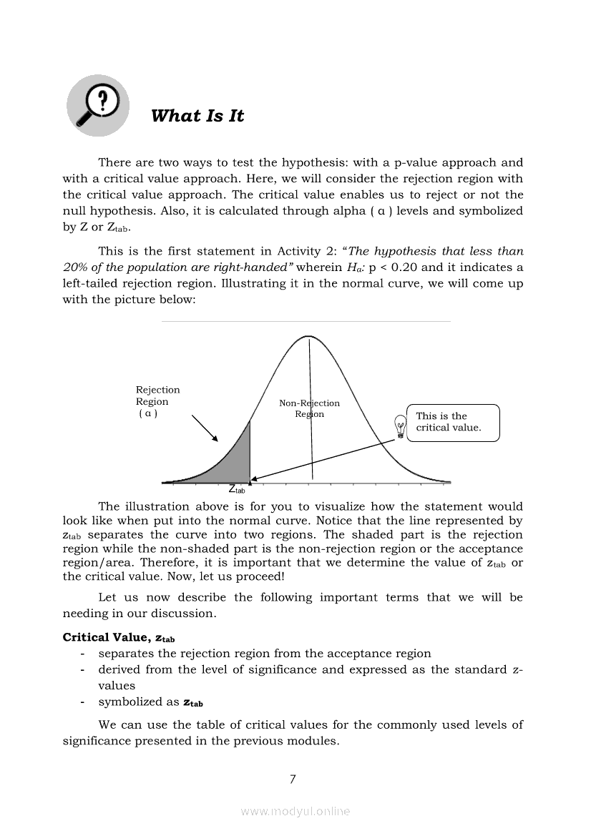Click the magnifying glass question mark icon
[98, 105]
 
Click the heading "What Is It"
[197, 116]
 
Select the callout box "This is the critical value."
[453, 422]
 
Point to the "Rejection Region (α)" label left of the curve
[157, 402]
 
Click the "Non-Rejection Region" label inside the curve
[309, 408]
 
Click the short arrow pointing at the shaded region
[205, 428]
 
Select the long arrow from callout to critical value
[322, 460]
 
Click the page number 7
[293, 780]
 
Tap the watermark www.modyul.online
[295, 811]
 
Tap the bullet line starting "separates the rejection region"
[265, 653]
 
